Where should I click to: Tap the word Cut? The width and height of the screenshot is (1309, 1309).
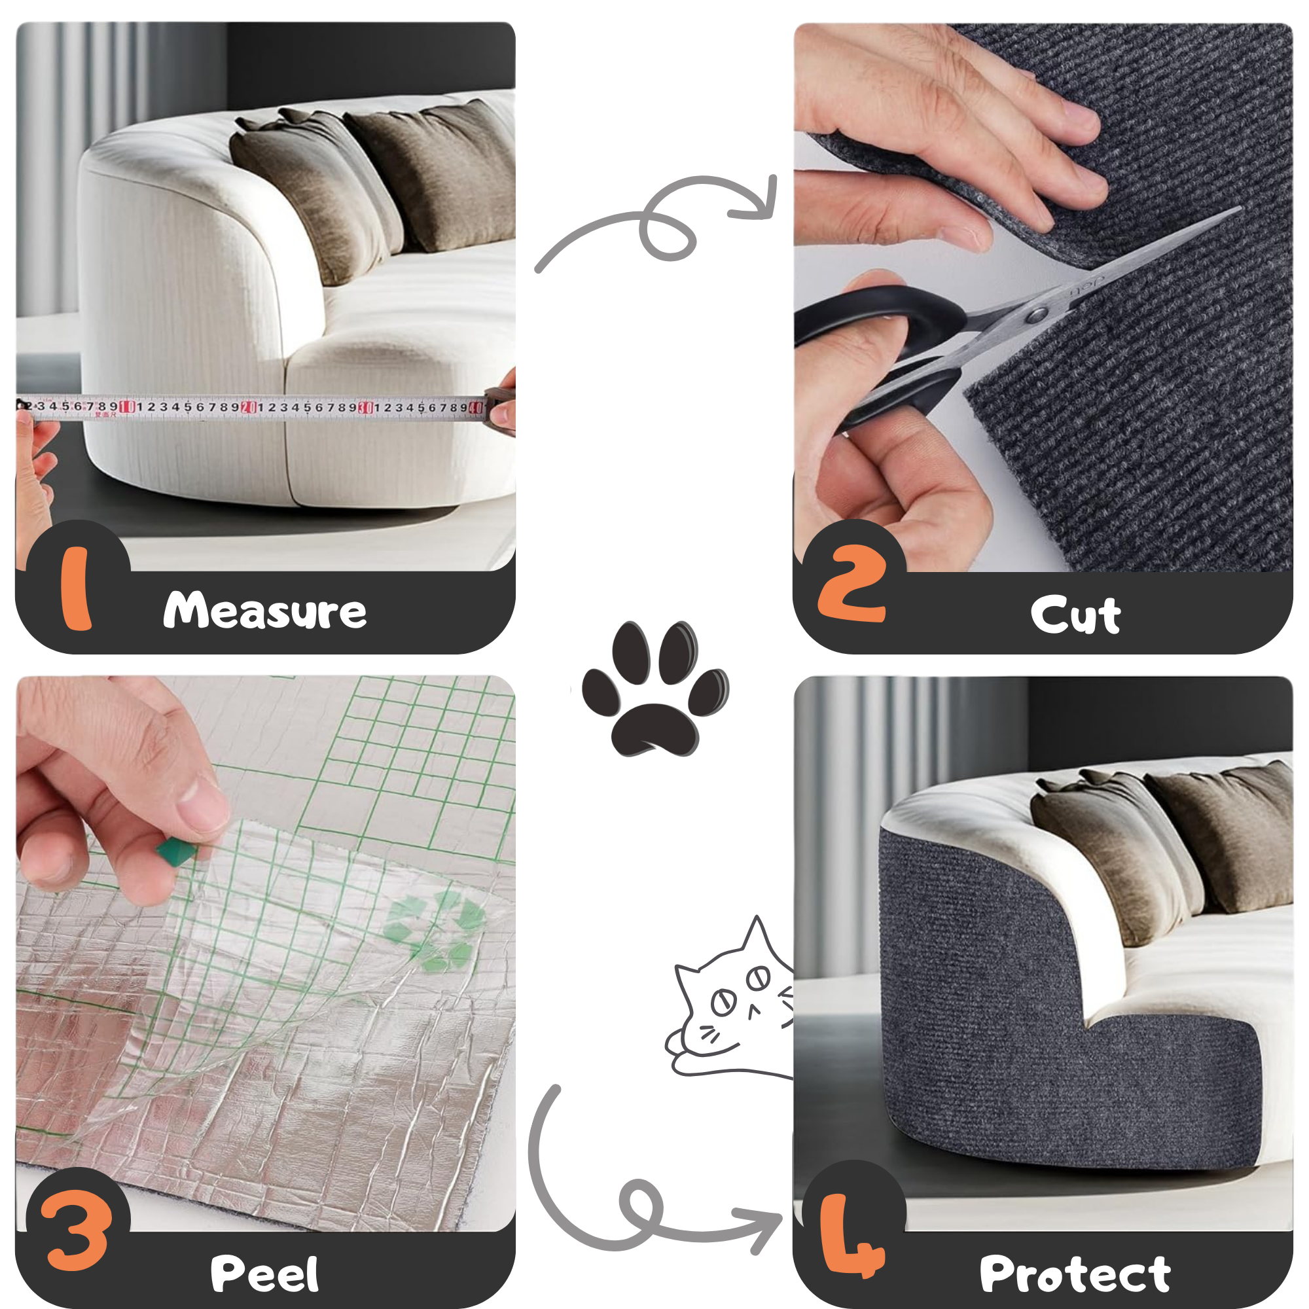click(x=1075, y=615)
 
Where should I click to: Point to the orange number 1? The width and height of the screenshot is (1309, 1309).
click(x=76, y=588)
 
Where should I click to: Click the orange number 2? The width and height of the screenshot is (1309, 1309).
click(x=852, y=583)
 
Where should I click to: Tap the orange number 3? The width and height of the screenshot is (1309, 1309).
click(x=76, y=1230)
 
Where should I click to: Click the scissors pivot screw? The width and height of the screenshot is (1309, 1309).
click(x=1035, y=314)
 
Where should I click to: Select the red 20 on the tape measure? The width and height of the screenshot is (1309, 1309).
click(x=249, y=407)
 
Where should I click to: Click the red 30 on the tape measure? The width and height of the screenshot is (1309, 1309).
click(x=365, y=407)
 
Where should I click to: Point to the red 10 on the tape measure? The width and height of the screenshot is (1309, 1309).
click(x=128, y=406)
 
